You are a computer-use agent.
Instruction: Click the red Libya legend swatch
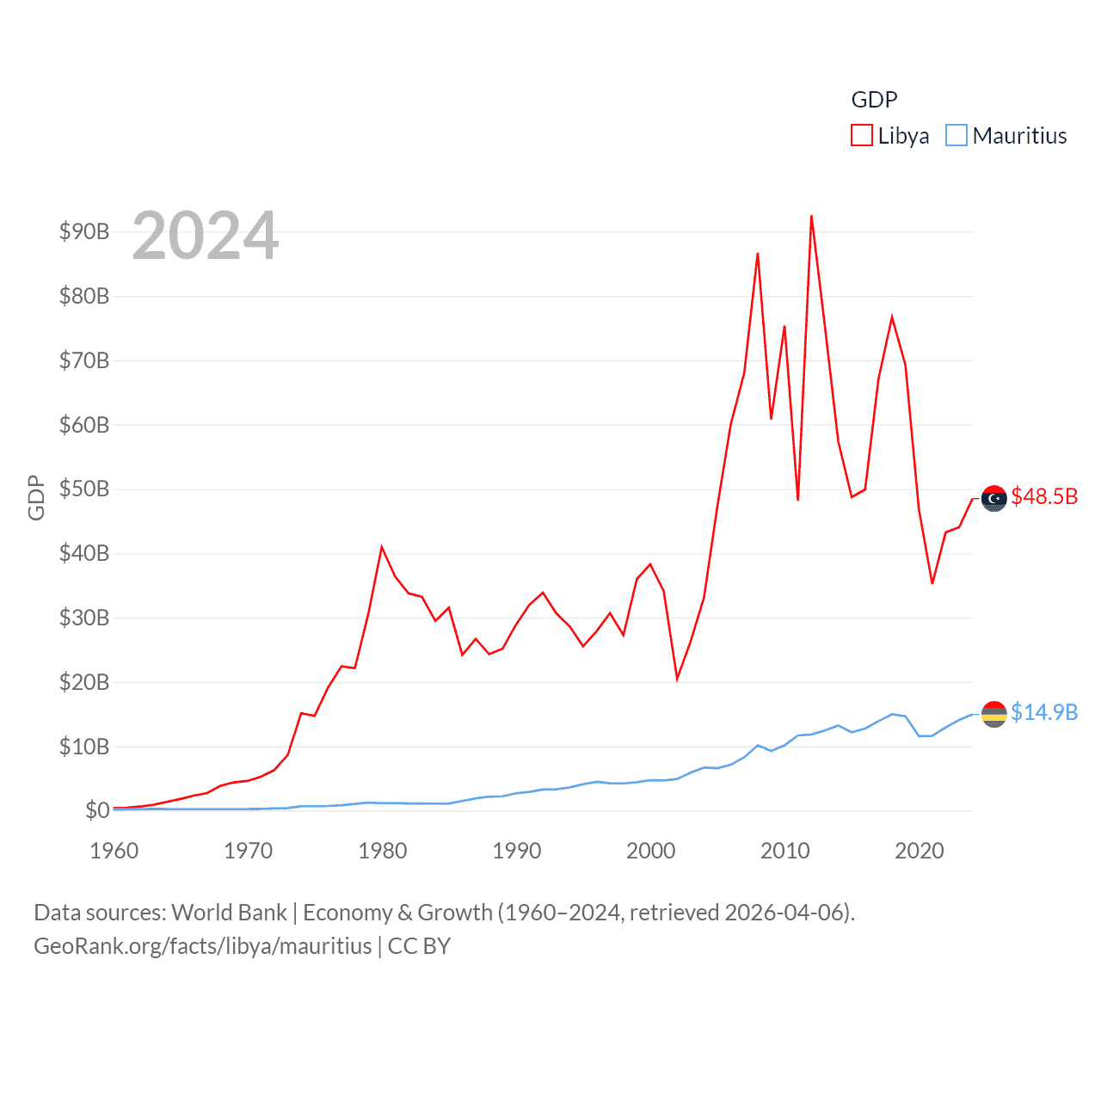tap(861, 136)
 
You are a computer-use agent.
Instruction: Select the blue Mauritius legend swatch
tap(956, 136)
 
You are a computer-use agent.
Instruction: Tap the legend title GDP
tap(874, 100)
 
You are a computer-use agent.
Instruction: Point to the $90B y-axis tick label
tap(83, 231)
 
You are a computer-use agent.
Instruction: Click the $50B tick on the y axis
tap(83, 489)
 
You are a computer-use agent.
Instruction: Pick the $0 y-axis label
tap(96, 810)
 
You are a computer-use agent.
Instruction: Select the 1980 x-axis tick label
tap(383, 851)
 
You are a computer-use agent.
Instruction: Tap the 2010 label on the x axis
tap(784, 851)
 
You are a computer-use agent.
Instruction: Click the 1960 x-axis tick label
tap(114, 851)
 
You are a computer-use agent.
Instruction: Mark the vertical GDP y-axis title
tap(36, 497)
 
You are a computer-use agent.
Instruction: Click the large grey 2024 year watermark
tap(206, 236)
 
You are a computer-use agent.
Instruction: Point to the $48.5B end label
tap(1044, 497)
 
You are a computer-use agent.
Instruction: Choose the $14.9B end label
tap(1044, 712)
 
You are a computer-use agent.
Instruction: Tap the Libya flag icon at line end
tap(994, 498)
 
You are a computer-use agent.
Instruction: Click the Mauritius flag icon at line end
tap(994, 714)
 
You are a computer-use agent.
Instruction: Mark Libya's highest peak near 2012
tap(811, 217)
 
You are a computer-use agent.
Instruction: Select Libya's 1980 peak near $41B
tap(382, 547)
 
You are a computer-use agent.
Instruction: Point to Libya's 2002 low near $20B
tap(677, 679)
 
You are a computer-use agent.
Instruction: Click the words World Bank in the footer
tap(230, 912)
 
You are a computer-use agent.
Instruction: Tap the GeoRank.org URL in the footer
tap(203, 946)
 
